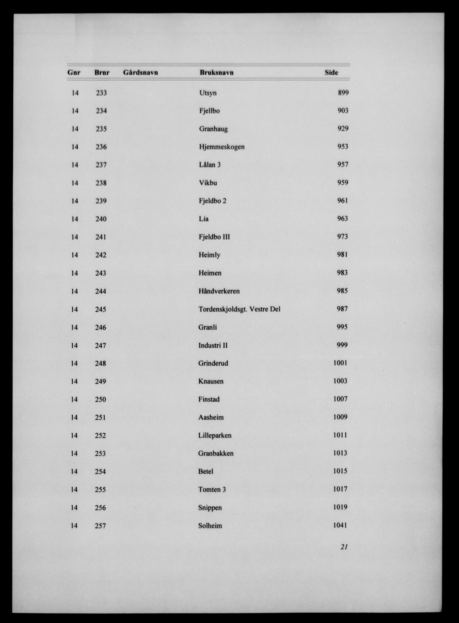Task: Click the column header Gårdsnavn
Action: tap(140, 72)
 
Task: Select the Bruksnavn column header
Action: tap(216, 72)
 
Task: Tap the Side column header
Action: tap(331, 72)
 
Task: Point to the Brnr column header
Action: tap(102, 72)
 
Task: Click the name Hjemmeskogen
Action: tap(222, 147)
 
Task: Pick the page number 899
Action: tap(343, 93)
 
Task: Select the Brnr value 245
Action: tap(100, 309)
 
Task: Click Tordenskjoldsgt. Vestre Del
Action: tap(239, 309)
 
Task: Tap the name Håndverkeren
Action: tap(219, 291)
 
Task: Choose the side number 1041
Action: tap(340, 525)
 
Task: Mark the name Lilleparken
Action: tap(215, 435)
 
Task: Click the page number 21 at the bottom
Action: tap(344, 547)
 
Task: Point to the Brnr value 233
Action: tap(101, 93)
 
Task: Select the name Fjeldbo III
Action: tap(214, 237)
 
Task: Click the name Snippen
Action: tap(210, 508)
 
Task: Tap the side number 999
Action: tap(342, 345)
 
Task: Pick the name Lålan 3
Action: tap(210, 165)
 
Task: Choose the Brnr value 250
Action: tap(100, 399)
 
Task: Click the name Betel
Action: tap(206, 471)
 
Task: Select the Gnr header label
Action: tap(74, 72)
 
